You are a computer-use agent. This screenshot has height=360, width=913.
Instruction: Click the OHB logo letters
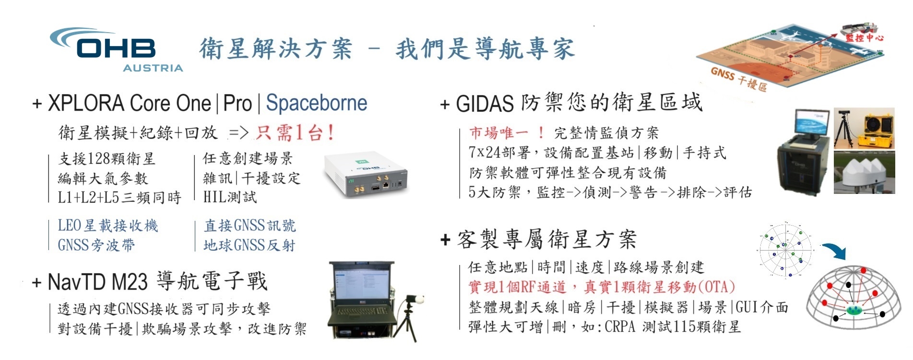click(x=116, y=48)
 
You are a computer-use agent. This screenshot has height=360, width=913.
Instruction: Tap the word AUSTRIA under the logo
click(x=153, y=68)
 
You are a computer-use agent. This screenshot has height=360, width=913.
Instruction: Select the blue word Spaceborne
click(x=317, y=103)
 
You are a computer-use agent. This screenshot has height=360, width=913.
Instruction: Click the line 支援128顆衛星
click(x=107, y=158)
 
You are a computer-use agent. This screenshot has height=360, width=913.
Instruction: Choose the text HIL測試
click(x=229, y=197)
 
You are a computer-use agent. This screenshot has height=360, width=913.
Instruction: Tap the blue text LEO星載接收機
click(x=108, y=225)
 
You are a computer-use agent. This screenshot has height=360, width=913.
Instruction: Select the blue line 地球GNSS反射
click(x=249, y=245)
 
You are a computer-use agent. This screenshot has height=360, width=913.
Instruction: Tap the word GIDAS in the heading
click(x=484, y=104)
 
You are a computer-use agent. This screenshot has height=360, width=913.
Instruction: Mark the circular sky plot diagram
click(x=785, y=250)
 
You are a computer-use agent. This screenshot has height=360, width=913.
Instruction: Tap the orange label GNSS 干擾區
click(x=738, y=79)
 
